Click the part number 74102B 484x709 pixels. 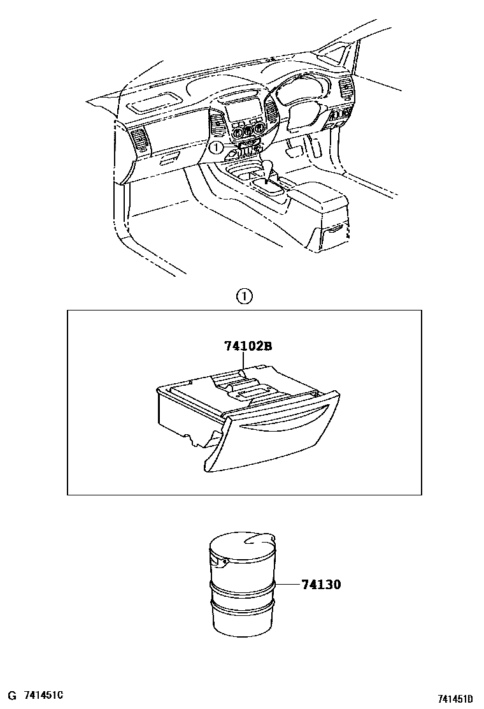248,347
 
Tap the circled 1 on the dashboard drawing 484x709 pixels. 216,148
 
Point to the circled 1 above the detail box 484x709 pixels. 244,296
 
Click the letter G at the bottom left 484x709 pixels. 10,694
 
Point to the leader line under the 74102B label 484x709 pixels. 242,363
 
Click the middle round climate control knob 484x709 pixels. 245,133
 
